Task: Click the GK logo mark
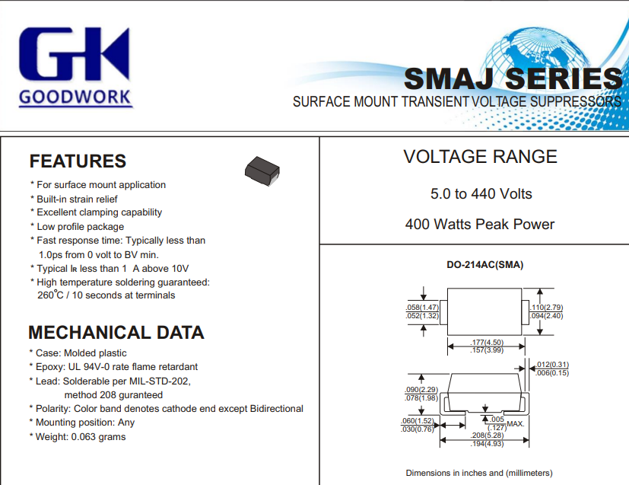coord(75,54)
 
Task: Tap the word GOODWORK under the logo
coord(75,97)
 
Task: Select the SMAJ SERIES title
coord(513,78)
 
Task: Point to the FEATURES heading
coord(78,161)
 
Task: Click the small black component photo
coord(262,171)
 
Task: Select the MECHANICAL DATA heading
coord(116,333)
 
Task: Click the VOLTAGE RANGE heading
coord(480,157)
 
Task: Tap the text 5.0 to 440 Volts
coord(481,194)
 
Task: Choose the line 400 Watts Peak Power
coord(480,224)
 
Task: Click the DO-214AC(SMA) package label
coord(485,265)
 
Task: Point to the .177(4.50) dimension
coord(487,343)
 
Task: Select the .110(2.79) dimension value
coord(546,308)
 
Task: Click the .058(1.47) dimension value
coord(422,308)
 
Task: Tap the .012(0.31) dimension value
coord(552,365)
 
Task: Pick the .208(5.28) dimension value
coord(487,436)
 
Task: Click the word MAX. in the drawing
coord(516,424)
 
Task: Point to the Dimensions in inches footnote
coord(479,473)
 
